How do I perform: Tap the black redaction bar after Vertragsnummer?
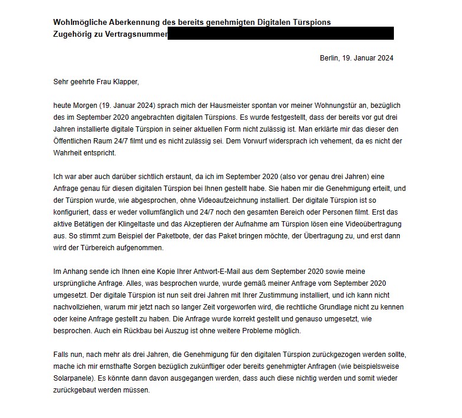click(281, 34)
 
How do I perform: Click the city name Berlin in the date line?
click(329, 58)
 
